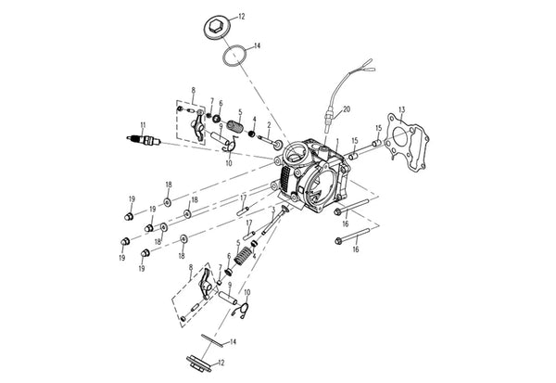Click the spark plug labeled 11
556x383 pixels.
pos(144,140)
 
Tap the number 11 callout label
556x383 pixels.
pos(143,125)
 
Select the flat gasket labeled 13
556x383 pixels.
pos(408,142)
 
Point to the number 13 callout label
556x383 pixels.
pos(401,109)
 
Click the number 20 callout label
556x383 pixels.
pos(347,109)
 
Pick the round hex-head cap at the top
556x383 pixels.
pos(218,28)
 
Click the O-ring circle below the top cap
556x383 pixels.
pos(234,56)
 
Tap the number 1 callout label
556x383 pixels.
pos(337,141)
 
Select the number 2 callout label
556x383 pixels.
pos(269,125)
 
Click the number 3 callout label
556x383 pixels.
pos(273,210)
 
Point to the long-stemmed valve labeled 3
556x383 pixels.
pos(275,220)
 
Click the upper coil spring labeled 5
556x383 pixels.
pos(235,126)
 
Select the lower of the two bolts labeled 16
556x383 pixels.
pos(352,236)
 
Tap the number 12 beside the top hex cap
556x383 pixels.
pos(241,17)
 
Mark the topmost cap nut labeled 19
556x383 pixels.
pos(129,216)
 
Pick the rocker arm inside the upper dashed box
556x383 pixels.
pos(198,126)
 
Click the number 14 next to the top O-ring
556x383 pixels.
pos(257,45)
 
